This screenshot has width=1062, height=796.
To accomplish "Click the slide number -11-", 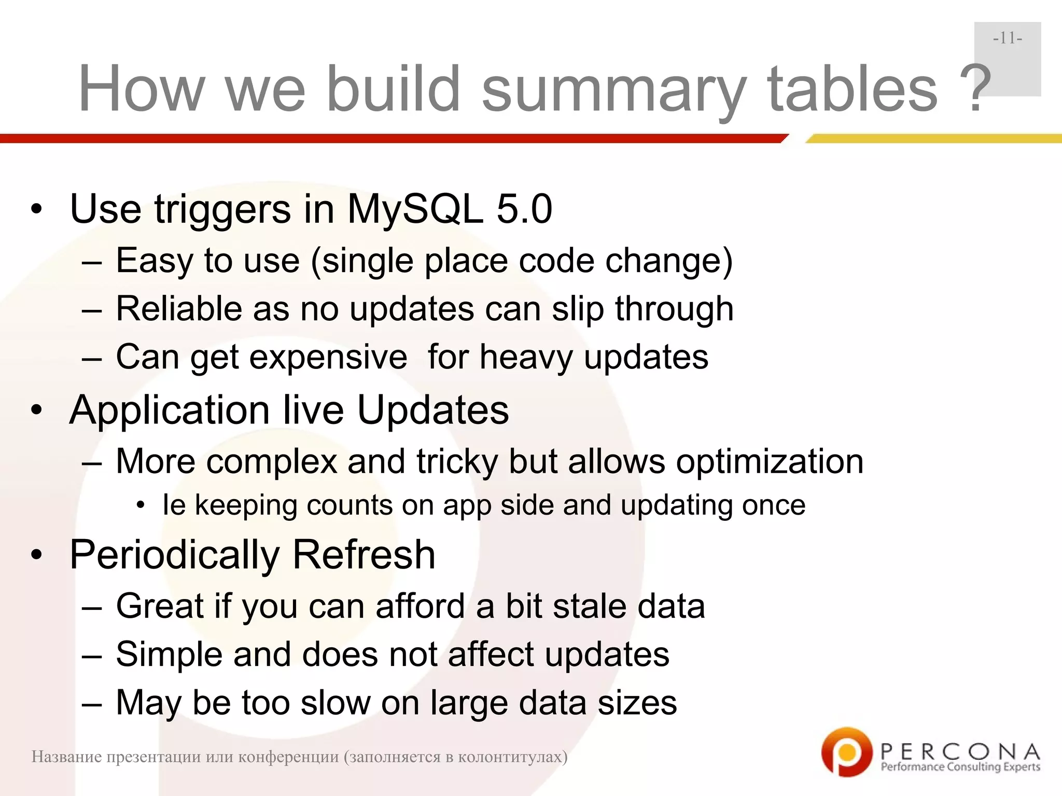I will click(x=1008, y=38).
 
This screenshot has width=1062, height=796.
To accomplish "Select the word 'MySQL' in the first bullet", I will click(x=415, y=209).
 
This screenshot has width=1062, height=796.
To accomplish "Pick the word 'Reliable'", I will click(x=179, y=309).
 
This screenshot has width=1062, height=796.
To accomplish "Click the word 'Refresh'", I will click(x=364, y=555).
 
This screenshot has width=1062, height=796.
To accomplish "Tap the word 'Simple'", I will click(x=169, y=655).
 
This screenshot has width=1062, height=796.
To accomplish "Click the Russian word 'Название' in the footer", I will click(x=66, y=757).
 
